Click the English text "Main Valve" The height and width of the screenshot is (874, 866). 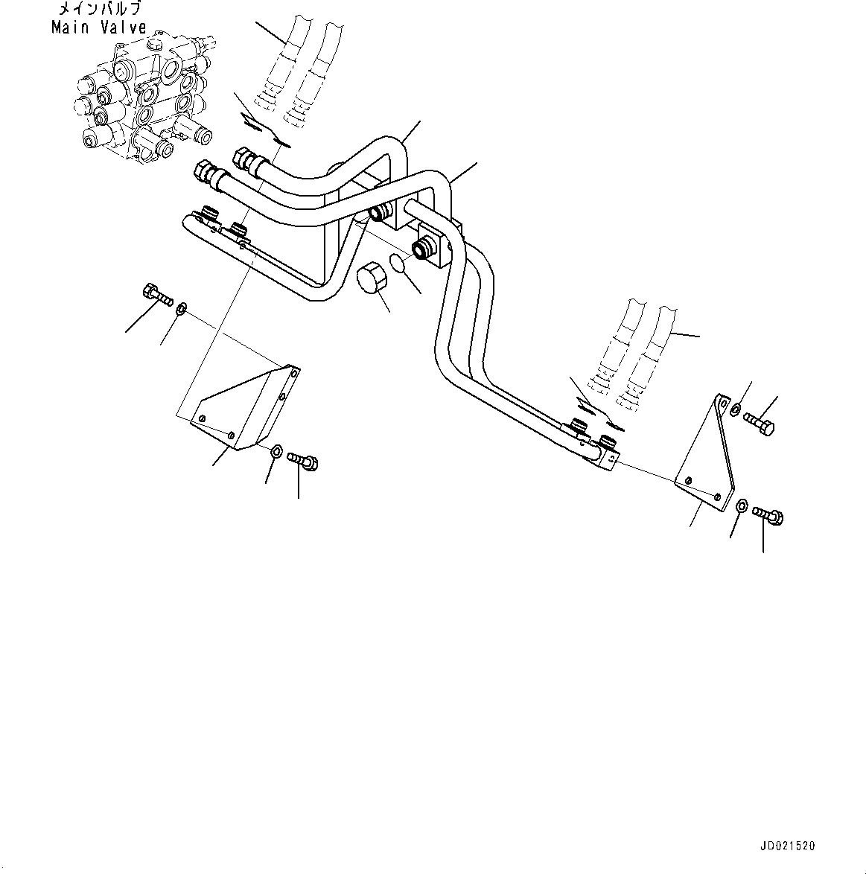[98, 28]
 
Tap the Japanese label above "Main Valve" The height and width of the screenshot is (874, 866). [98, 10]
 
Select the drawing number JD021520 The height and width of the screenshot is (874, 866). [788, 846]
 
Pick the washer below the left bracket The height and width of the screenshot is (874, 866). [276, 450]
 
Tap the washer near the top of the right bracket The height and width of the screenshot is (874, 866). [736, 409]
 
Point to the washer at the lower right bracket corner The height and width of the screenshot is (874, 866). [742, 506]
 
